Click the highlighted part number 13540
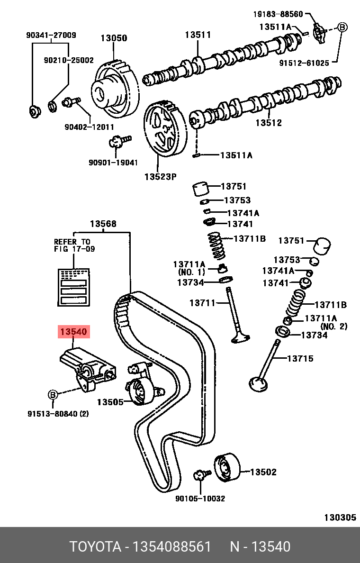73,332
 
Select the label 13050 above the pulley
114,38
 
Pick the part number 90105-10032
200,498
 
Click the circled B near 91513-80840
53,394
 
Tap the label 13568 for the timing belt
103,224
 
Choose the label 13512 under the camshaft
269,123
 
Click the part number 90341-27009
51,35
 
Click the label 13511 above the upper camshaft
198,35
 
